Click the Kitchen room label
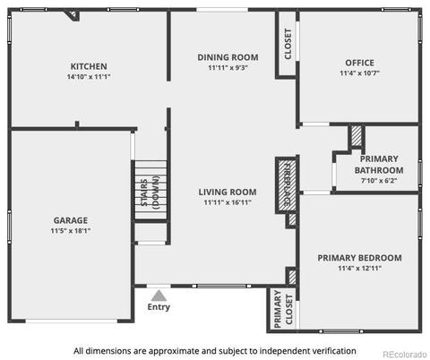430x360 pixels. point(89,66)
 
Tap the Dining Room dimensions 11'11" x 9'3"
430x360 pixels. point(228,68)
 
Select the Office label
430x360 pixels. point(359,63)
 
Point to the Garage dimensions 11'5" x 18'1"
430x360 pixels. point(71,231)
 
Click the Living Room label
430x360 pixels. point(228,192)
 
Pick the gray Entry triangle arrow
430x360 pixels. point(159,296)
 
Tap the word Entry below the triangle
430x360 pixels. point(159,307)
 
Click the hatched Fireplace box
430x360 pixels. point(287,185)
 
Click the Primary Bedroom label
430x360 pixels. point(359,258)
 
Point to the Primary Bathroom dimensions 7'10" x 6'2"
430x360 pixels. point(379,181)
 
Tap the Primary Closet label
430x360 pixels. point(283,309)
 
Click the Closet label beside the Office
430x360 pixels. point(288,44)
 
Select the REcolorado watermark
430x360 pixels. point(405,355)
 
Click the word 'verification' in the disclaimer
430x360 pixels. point(334,351)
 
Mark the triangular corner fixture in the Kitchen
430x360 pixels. point(73,15)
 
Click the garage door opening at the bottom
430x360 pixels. point(72,321)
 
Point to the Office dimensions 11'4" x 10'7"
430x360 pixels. point(359,73)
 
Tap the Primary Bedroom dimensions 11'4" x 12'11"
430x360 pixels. point(359,268)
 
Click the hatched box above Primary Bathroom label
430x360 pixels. point(357,136)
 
